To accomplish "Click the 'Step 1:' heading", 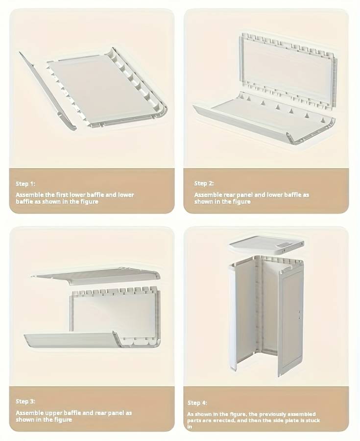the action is (x=25, y=184).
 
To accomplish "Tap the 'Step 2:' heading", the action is (x=204, y=183).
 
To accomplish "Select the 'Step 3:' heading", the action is (x=25, y=401).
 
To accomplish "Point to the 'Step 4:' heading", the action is (x=197, y=403).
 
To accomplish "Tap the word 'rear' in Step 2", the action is (x=230, y=195).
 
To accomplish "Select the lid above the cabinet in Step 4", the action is (x=266, y=245).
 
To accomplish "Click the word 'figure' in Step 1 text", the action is (x=89, y=202).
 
